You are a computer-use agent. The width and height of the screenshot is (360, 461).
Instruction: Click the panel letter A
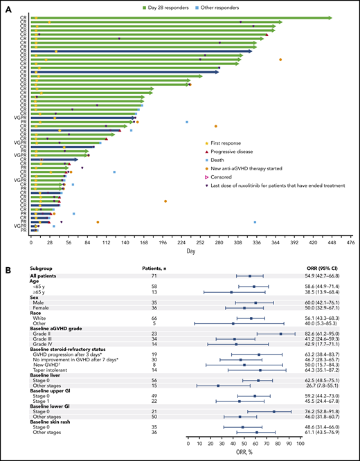[6, 6]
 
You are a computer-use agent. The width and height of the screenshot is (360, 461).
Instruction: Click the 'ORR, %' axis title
[244, 455]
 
